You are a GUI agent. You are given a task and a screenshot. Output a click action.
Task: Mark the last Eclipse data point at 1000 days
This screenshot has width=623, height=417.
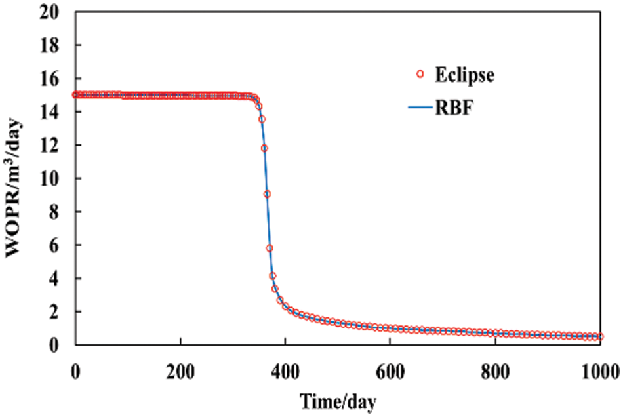600,336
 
